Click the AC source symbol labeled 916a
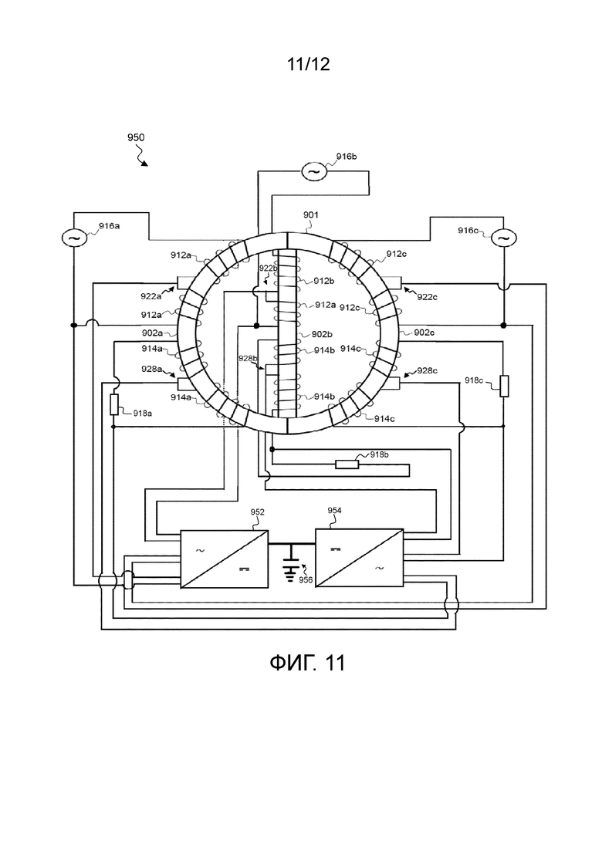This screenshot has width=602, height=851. pyautogui.click(x=73, y=238)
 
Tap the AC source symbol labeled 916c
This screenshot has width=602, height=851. pyautogui.click(x=504, y=238)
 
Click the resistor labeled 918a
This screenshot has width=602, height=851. pyautogui.click(x=114, y=405)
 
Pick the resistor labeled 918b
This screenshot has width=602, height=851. pyautogui.click(x=347, y=464)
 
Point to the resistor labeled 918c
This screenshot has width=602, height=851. pyautogui.click(x=504, y=386)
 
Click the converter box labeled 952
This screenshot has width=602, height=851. pyautogui.click(x=224, y=559)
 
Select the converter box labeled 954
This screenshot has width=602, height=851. pyautogui.click(x=360, y=558)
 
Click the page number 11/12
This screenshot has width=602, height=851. pyautogui.click(x=308, y=64)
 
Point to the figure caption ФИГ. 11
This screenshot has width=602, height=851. pyautogui.click(x=307, y=663)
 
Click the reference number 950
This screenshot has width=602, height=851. pyautogui.click(x=136, y=137)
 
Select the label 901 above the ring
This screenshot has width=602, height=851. pyautogui.click(x=310, y=215)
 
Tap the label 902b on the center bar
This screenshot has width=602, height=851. pyautogui.click(x=322, y=334)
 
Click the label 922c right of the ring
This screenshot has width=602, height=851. pyautogui.click(x=428, y=297)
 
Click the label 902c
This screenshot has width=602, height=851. pyautogui.click(x=424, y=333)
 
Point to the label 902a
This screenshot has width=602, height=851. pyautogui.click(x=153, y=333)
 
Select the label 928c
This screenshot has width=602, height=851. pyautogui.click(x=428, y=370)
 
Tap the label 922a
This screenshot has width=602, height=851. pyautogui.click(x=151, y=296)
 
